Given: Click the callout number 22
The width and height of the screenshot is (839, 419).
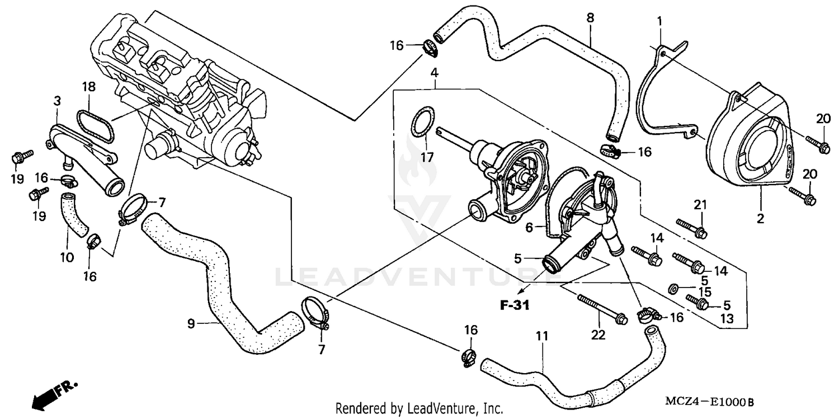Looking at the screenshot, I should (x=598, y=334).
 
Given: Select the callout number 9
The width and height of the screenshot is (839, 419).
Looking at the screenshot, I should (x=191, y=323).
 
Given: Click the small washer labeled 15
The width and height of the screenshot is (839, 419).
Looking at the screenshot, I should (x=674, y=288).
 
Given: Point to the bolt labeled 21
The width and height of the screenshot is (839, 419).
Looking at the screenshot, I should (x=691, y=227).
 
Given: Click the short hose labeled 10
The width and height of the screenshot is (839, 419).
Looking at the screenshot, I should (x=73, y=215).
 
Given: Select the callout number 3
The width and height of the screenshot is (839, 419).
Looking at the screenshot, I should (x=58, y=101).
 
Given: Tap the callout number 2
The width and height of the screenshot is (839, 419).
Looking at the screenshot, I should (x=760, y=219).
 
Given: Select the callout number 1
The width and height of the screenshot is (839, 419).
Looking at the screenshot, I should (x=660, y=21).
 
